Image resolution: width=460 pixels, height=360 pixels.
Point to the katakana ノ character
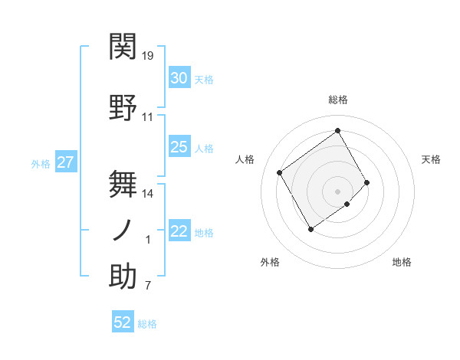click(x=123, y=230)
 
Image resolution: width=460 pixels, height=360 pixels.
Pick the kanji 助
click(x=123, y=277)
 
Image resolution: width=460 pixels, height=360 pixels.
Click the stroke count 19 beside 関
click(x=148, y=56)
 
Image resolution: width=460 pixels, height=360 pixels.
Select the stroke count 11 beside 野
click(x=148, y=117)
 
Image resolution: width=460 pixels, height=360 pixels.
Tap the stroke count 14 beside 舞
click(x=148, y=193)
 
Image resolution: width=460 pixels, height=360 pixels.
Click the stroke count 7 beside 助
click(x=148, y=286)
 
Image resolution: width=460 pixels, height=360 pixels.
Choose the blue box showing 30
click(x=179, y=78)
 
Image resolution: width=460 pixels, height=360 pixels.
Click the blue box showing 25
click(x=179, y=147)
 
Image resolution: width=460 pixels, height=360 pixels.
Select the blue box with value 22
click(x=179, y=232)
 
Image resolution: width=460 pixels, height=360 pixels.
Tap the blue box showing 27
click(x=65, y=162)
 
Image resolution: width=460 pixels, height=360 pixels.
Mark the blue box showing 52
click(x=123, y=322)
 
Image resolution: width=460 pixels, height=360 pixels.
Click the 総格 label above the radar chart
click(x=338, y=100)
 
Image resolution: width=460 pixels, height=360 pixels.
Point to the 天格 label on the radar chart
click(x=432, y=159)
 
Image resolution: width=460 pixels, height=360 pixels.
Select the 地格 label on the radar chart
click(x=402, y=262)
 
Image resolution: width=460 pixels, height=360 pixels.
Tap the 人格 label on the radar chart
click(x=245, y=159)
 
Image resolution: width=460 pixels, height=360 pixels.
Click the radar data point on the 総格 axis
click(x=337, y=130)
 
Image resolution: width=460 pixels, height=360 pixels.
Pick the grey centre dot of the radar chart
click(x=337, y=191)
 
